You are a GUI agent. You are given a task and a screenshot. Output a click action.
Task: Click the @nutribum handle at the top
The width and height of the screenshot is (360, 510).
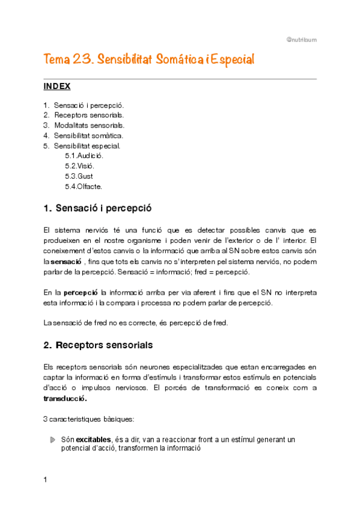302,40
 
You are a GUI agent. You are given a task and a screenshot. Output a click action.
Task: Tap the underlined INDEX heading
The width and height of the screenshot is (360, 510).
57,87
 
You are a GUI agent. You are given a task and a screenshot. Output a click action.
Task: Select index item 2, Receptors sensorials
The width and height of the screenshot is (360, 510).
89,115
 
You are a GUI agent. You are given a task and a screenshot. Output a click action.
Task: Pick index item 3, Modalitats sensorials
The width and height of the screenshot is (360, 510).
89,125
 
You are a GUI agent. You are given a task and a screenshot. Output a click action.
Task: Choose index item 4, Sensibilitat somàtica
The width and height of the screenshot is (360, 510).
88,135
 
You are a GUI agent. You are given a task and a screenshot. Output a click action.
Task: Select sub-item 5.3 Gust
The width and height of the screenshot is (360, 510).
79,176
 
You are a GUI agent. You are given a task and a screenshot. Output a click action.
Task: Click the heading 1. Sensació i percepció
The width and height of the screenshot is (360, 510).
97,209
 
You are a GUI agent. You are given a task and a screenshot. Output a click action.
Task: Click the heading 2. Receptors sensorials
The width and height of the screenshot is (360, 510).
98,345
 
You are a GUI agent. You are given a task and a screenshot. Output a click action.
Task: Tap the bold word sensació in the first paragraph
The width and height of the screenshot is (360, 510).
66,262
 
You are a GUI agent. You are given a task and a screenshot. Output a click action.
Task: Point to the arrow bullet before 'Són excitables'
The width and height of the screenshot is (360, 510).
52,440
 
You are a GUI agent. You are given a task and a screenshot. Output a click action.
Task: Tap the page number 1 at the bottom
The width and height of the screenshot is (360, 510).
46,479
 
